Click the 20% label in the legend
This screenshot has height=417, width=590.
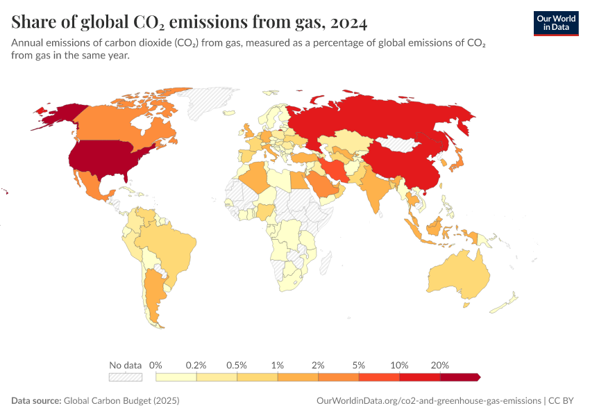point(440,365)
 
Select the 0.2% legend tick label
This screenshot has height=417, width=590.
point(196,365)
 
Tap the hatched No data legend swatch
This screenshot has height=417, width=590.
point(126,377)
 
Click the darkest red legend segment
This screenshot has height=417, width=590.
point(459,377)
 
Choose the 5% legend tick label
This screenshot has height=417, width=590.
point(359,365)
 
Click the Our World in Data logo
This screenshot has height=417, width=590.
point(556,22)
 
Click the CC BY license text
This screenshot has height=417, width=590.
point(563,401)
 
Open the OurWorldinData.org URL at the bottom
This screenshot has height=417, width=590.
point(428,401)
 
